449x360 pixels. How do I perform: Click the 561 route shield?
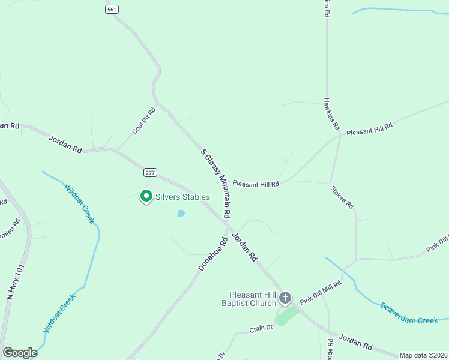point(112,10)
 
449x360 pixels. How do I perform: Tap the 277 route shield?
point(150,173)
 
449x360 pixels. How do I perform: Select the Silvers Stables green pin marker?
point(146,196)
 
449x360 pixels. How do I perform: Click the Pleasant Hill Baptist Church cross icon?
point(285,297)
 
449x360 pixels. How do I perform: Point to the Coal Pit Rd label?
point(144,121)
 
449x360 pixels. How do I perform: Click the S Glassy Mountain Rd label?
point(216,185)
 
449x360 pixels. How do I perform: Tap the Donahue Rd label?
point(213,253)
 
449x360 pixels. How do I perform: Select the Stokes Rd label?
point(342,197)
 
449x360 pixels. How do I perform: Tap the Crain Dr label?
point(261,328)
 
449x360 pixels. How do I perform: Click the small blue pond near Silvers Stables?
point(181,213)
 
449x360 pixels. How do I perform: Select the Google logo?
point(20,353)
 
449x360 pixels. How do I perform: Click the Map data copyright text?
point(423,355)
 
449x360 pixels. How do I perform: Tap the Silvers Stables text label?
point(182,197)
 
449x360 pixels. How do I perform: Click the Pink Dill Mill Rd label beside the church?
point(321,292)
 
